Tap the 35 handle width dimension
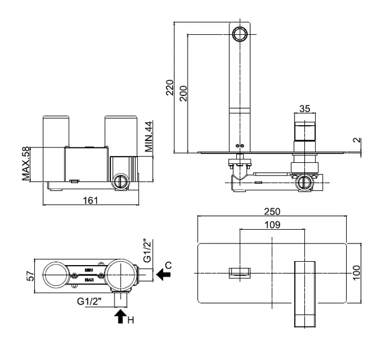pyautogui.click(x=305, y=109)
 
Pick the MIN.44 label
pyautogui.click(x=149, y=135)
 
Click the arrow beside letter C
pyautogui.click(x=164, y=275)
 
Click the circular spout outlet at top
pyautogui.click(x=240, y=33)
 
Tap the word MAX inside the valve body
pyautogui.click(x=89, y=281)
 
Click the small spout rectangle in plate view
pyautogui.click(x=240, y=273)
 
